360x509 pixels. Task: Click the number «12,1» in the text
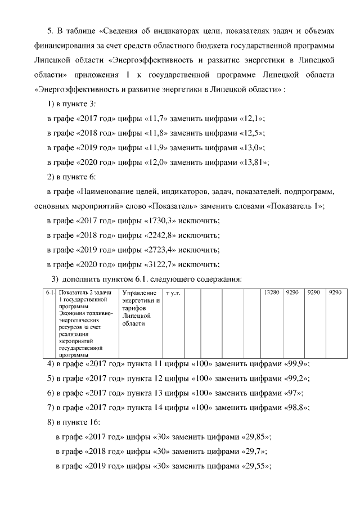point(252,119)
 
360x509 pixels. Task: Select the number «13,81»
point(255,163)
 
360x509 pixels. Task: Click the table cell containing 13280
point(271,293)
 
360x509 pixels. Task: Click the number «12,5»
point(252,134)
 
